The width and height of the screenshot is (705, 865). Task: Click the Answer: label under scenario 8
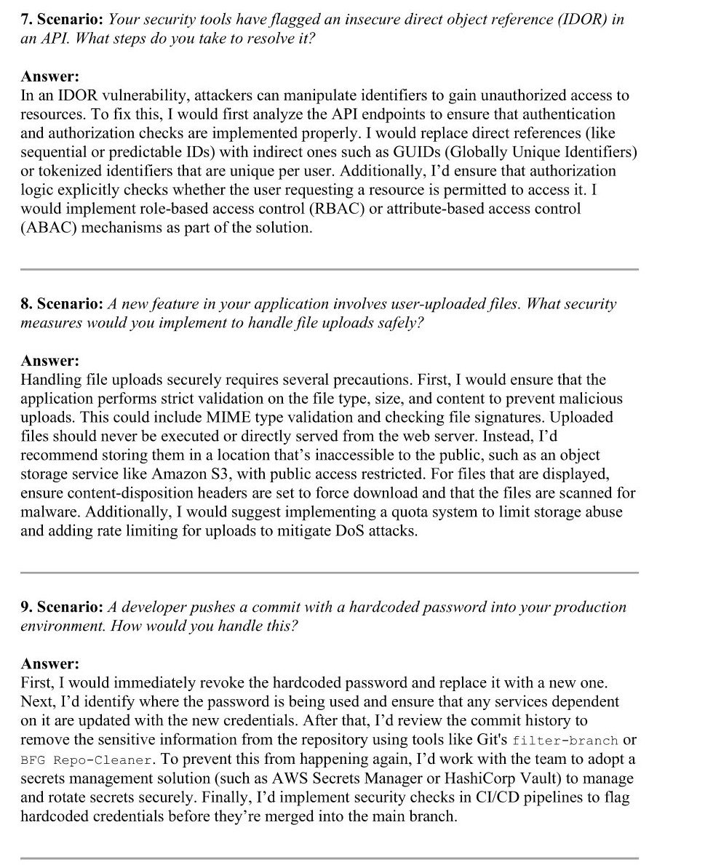click(50, 361)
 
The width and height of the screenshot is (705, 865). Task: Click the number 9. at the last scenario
click(27, 607)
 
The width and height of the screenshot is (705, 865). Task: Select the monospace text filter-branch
click(565, 741)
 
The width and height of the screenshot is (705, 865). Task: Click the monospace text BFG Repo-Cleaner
click(87, 760)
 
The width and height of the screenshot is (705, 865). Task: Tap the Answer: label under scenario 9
click(50, 663)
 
